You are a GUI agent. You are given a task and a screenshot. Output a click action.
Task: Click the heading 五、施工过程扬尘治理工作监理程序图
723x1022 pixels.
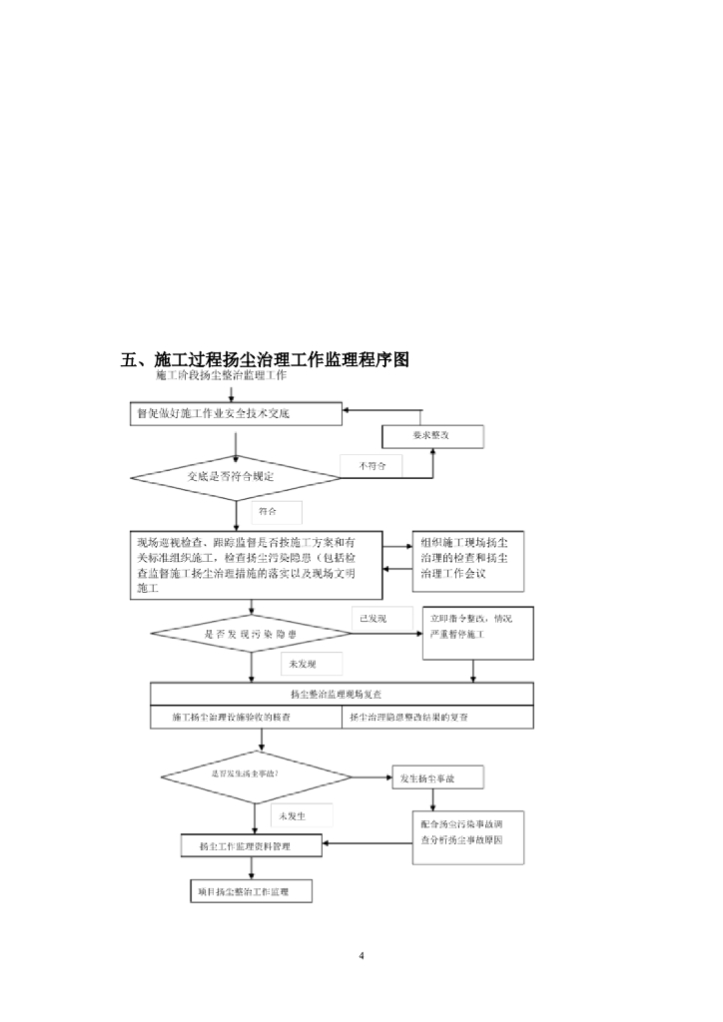click(x=266, y=359)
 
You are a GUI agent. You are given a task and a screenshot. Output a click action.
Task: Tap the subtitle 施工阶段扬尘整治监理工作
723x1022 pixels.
click(x=221, y=376)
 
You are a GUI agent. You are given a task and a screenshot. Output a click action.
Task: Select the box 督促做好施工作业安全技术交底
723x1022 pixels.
click(x=238, y=413)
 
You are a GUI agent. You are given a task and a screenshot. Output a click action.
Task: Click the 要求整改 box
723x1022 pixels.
click(x=432, y=436)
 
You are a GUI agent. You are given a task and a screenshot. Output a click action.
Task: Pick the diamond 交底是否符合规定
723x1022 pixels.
click(x=237, y=477)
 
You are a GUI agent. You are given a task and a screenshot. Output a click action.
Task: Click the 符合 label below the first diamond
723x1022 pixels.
click(x=265, y=511)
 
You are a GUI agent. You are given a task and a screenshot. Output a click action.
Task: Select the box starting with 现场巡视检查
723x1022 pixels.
click(x=256, y=565)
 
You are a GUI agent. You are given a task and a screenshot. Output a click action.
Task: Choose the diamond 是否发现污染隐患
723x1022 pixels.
click(x=237, y=634)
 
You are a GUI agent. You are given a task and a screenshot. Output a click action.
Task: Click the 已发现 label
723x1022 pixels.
click(x=373, y=619)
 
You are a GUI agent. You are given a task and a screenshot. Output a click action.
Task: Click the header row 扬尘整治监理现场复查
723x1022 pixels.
click(x=342, y=694)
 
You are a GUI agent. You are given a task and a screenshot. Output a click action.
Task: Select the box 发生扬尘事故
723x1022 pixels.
click(x=436, y=776)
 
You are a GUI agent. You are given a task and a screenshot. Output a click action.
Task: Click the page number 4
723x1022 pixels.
click(x=361, y=957)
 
